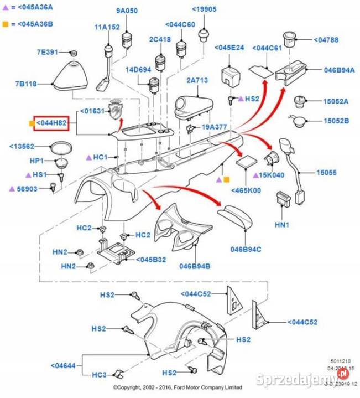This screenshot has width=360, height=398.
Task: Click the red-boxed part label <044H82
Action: pos(51,123)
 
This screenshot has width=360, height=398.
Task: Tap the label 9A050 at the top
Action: pos(127,11)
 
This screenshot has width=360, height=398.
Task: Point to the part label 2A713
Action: pos(197,81)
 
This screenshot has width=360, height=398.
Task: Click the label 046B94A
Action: pos(339,70)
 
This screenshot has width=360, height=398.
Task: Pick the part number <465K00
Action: pos(246,190)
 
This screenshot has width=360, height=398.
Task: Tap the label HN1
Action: pos(281,225)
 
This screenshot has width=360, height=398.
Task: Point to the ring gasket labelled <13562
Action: pos(60,148)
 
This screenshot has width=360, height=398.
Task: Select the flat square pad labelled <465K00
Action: pos(246,163)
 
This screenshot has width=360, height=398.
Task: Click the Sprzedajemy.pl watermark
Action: pos(305,379)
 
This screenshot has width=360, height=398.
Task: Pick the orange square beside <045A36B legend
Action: pos(5,24)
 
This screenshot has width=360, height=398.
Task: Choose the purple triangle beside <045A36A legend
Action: pos(5,8)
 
